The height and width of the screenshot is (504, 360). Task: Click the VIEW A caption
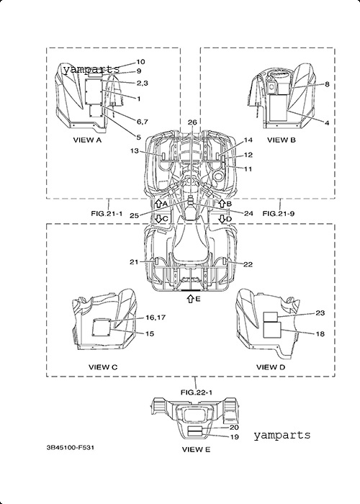(87, 140)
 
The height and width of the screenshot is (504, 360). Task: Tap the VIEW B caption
(282, 140)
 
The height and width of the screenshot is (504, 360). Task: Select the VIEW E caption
(196, 449)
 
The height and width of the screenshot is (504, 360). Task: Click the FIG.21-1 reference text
(107, 213)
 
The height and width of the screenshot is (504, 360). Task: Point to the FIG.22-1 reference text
(197, 392)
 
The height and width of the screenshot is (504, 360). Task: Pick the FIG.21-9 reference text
(279, 213)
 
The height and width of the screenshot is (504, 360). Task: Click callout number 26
(192, 122)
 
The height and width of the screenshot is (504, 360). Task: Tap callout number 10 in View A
(141, 62)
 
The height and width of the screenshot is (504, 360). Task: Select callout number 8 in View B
(327, 84)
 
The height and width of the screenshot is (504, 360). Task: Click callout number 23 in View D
(320, 312)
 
